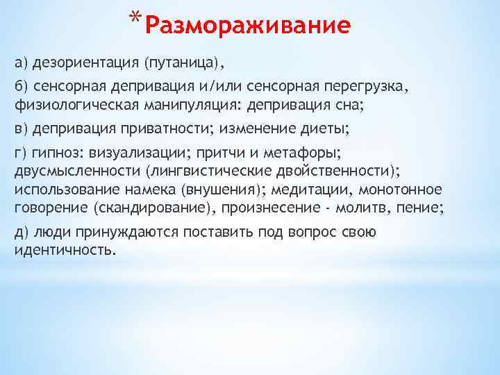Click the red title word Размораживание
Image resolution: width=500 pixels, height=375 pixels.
pyautogui.click(x=249, y=26)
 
